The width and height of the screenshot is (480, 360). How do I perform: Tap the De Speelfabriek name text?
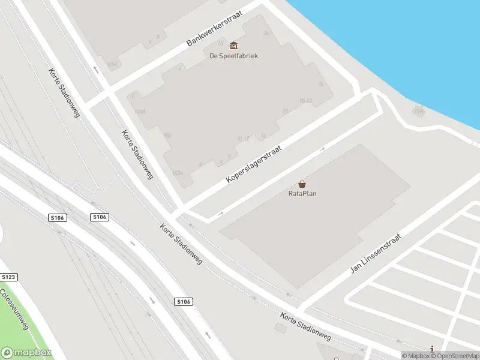coord(233,56)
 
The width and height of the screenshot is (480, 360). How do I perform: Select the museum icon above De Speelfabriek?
coord(233,46)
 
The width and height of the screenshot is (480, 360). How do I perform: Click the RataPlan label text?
coord(302,193)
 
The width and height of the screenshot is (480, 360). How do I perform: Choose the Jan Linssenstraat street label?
coord(375,254)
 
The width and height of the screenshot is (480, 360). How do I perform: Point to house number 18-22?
coord(306,100)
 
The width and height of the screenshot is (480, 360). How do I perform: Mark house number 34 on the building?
coord(321,84)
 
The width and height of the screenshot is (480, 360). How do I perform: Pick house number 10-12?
coord(243,139)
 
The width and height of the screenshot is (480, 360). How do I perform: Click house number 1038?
coord(140,112)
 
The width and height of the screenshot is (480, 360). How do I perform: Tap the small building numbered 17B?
coord(418,111)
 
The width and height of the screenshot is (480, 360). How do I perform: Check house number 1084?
coord(112,63)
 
